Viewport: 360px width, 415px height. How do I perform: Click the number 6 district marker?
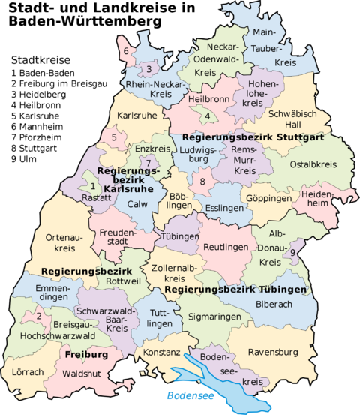coord(126,51)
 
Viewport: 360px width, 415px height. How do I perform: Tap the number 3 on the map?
coord(149,70)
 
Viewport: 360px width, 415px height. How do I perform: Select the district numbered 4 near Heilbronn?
coord(207,116)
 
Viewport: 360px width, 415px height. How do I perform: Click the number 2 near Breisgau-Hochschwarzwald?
coord(37,317)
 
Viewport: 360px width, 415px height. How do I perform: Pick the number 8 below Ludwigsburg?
coord(202,182)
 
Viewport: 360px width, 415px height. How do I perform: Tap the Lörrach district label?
coord(28,371)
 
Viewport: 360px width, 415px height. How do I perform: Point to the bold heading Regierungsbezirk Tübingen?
coord(235,289)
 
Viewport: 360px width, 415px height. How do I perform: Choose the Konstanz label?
coord(161,352)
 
